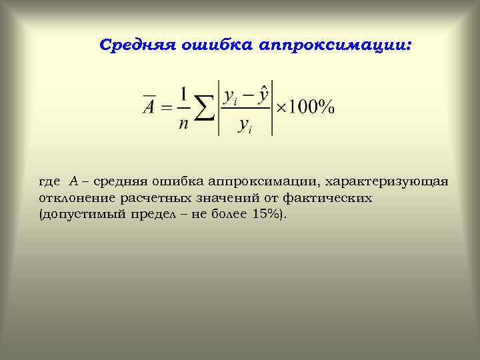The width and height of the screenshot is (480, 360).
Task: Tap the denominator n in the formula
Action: click(183, 123)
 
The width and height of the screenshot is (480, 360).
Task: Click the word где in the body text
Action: click(50, 181)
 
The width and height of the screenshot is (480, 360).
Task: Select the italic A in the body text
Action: click(73, 181)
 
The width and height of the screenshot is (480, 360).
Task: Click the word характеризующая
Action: click(386, 181)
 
